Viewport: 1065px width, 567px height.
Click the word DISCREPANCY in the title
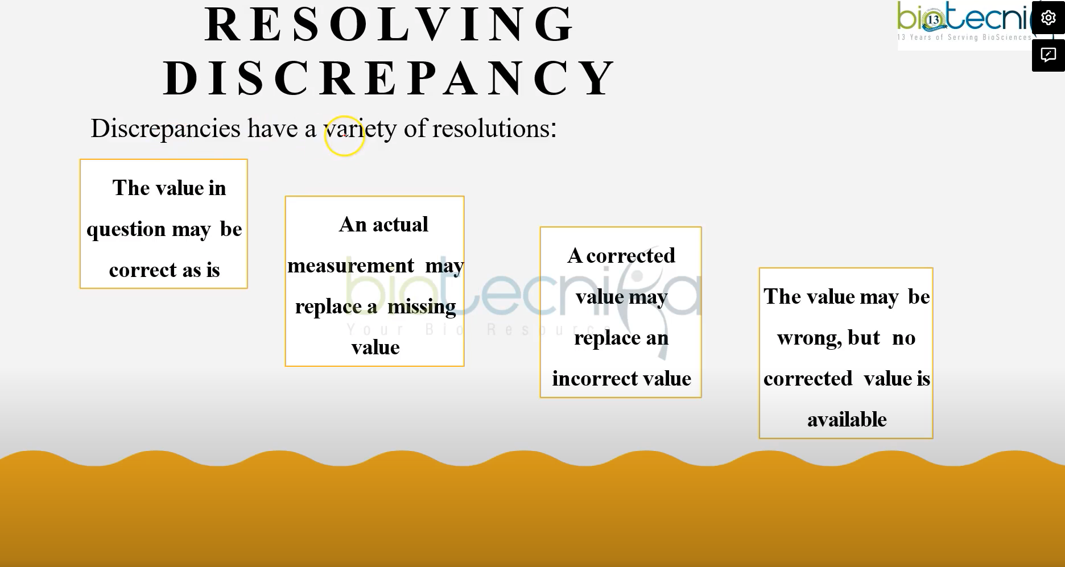tap(389, 78)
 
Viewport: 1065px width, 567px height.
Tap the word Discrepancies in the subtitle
tap(166, 129)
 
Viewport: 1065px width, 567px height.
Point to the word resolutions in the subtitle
tap(492, 129)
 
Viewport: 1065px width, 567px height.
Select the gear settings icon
tap(1048, 18)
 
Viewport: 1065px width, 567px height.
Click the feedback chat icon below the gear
tap(1048, 55)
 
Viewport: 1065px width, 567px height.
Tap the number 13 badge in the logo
tap(933, 20)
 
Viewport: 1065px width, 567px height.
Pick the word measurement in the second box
tap(350, 266)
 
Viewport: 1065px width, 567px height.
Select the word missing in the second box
tap(422, 307)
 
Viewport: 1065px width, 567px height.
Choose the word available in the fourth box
tap(847, 420)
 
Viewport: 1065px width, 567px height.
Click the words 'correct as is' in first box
tap(164, 270)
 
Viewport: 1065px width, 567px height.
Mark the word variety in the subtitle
tap(360, 129)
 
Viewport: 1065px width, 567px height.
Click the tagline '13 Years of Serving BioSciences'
tap(964, 38)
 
